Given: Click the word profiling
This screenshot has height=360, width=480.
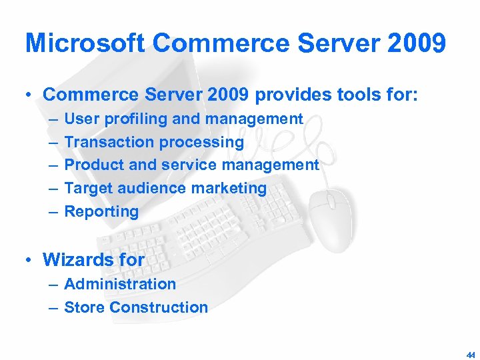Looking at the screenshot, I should click(x=136, y=119).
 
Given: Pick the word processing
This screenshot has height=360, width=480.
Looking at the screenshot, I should click(x=201, y=142).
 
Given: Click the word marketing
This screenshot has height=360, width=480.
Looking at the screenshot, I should click(x=231, y=188).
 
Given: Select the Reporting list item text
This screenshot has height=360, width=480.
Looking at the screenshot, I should click(x=101, y=212).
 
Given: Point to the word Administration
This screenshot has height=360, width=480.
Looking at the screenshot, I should click(x=120, y=284).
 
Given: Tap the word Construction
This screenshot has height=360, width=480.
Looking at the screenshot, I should click(x=159, y=307).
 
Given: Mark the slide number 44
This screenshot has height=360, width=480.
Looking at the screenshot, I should click(x=471, y=355).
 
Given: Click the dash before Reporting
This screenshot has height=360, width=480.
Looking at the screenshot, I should click(x=53, y=212).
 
